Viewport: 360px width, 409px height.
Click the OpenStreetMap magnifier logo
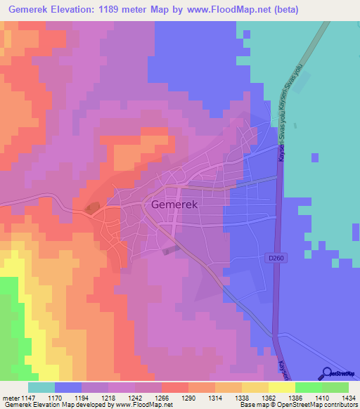[327, 372]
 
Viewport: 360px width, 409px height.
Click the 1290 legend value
[188, 397]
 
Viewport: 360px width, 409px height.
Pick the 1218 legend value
[108, 397]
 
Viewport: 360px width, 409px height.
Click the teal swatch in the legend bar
[41, 387]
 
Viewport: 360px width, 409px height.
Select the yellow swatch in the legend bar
[282, 387]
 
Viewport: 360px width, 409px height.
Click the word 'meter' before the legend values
[10, 397]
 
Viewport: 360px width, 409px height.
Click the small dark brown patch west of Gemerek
[92, 207]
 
